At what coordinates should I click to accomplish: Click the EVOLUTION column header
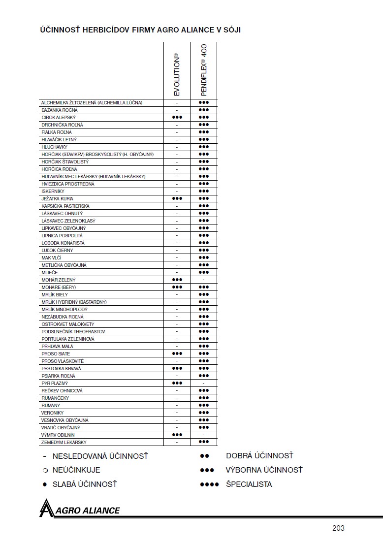[177, 74]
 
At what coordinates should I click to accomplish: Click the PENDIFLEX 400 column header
[204, 70]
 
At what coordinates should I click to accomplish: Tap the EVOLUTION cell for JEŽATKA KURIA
[177, 199]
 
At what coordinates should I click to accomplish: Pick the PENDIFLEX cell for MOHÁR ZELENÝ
[204, 280]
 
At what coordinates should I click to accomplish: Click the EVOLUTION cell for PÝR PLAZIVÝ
[177, 384]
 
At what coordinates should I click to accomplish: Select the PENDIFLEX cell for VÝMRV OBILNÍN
[204, 435]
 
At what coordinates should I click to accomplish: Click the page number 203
[338, 528]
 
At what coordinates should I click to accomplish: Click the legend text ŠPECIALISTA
[249, 484]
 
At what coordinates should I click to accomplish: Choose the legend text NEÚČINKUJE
[76, 470]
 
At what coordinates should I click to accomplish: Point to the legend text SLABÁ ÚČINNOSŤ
[85, 484]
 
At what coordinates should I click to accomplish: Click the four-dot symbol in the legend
[209, 484]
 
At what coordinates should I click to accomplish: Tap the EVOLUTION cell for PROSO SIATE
[177, 354]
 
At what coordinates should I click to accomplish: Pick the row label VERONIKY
[53, 413]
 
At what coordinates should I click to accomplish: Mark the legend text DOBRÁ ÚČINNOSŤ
[259, 456]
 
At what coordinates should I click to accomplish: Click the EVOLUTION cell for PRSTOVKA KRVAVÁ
[177, 369]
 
